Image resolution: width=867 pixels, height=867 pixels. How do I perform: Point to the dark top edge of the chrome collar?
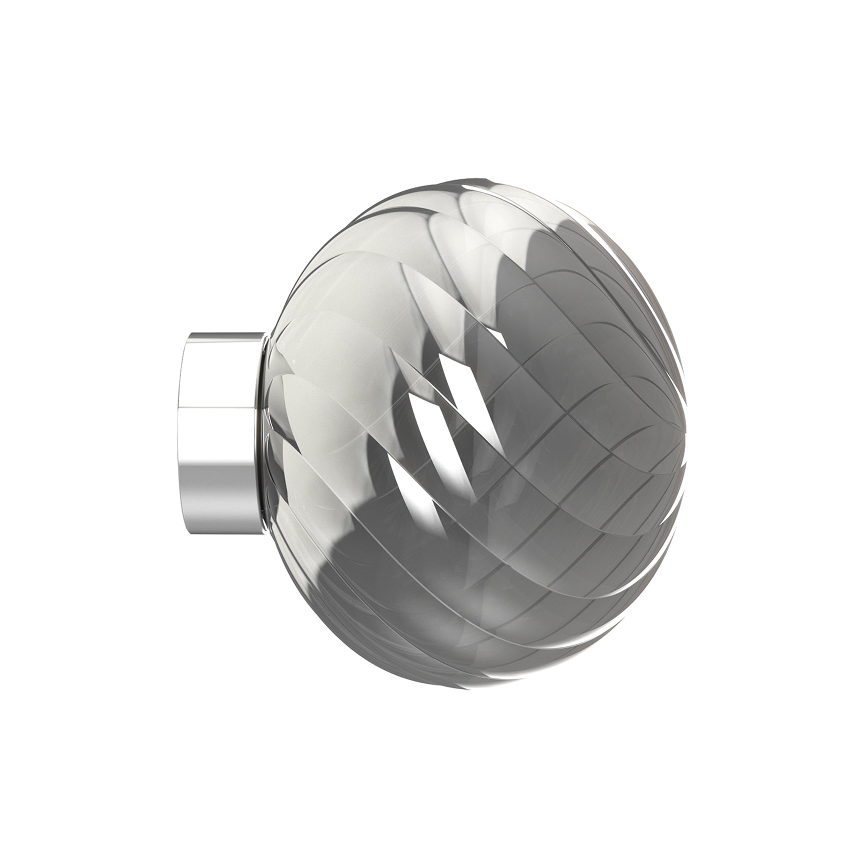point(224,335)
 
